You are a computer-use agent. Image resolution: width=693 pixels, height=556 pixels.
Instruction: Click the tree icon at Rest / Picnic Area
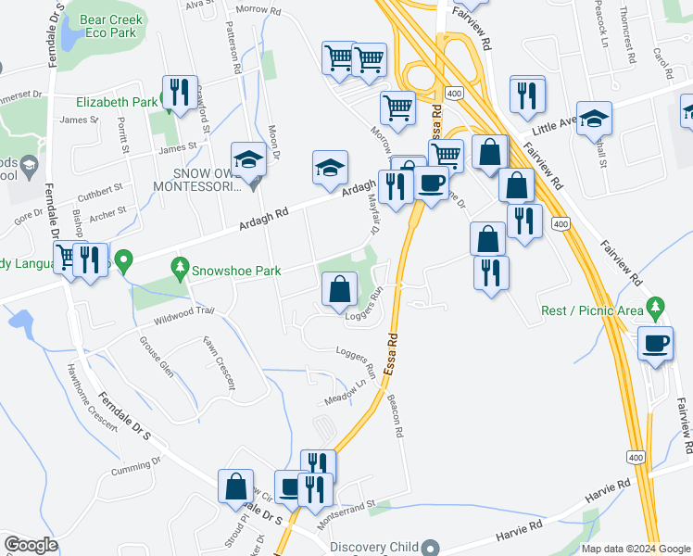(x=656, y=305)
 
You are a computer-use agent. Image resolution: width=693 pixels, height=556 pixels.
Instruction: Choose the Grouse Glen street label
(x=156, y=357)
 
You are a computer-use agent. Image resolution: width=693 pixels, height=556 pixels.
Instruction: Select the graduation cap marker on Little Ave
(x=594, y=119)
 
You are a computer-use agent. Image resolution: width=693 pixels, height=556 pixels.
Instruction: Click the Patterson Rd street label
(x=234, y=49)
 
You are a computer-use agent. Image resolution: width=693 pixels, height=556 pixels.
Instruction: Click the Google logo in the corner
(x=31, y=545)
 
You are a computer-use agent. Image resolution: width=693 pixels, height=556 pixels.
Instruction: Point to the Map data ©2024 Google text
(x=634, y=548)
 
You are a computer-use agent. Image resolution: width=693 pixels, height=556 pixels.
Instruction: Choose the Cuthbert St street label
(x=101, y=190)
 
